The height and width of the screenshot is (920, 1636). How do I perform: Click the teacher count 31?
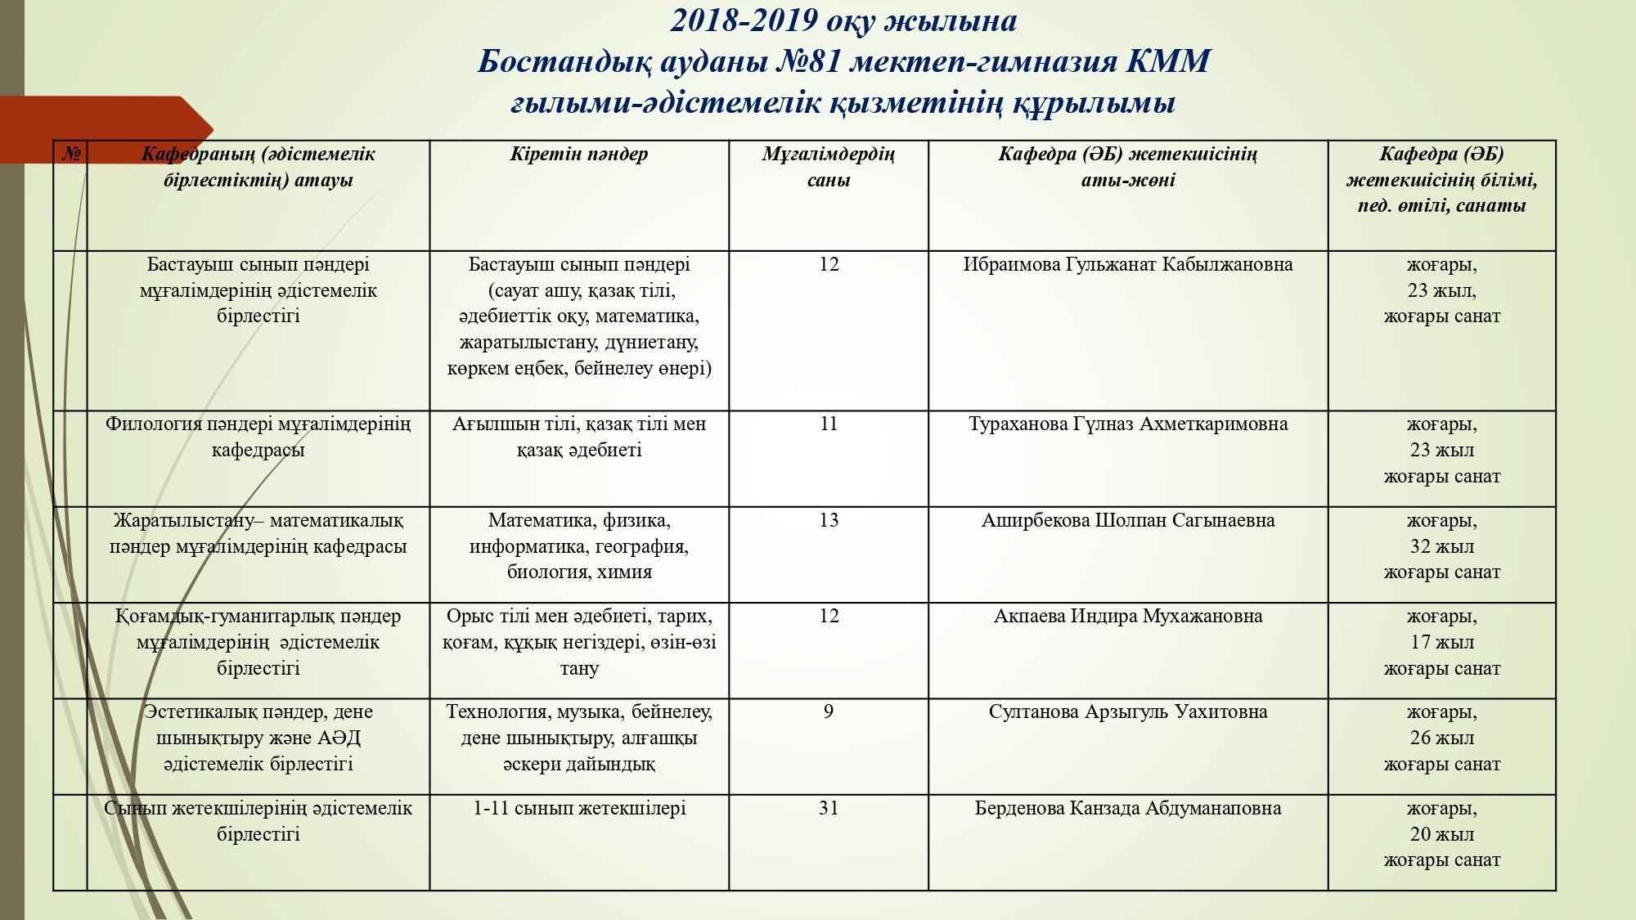(x=828, y=809)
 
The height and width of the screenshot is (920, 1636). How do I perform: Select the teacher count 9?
(x=828, y=712)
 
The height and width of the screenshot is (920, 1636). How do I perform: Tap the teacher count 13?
(x=828, y=521)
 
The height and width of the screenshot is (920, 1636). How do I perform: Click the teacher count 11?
(x=828, y=424)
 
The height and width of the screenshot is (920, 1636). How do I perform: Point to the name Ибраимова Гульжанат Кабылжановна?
(x=1127, y=265)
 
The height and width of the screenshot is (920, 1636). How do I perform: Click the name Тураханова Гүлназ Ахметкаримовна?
(x=1127, y=424)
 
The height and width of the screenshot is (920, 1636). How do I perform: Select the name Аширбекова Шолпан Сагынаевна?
(x=1127, y=521)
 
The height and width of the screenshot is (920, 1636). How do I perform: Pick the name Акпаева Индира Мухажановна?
(x=1127, y=617)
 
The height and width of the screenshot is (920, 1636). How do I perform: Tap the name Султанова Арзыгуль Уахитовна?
(x=1127, y=712)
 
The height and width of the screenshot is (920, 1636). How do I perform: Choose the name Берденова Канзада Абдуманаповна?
(x=1127, y=809)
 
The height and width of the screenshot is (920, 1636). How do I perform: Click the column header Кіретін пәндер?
(x=578, y=155)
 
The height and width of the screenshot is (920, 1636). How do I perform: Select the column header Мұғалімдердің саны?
(x=828, y=167)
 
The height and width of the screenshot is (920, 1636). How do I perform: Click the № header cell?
(x=71, y=154)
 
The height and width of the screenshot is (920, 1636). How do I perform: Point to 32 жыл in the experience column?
(x=1441, y=547)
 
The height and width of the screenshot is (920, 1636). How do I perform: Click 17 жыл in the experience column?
(x=1441, y=643)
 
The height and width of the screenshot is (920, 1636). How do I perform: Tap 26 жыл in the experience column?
(x=1441, y=738)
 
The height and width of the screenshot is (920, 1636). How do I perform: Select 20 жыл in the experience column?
(x=1441, y=835)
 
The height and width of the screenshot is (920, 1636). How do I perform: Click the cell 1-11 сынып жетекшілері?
(x=578, y=809)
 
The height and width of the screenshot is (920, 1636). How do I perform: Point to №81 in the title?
(x=807, y=62)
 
